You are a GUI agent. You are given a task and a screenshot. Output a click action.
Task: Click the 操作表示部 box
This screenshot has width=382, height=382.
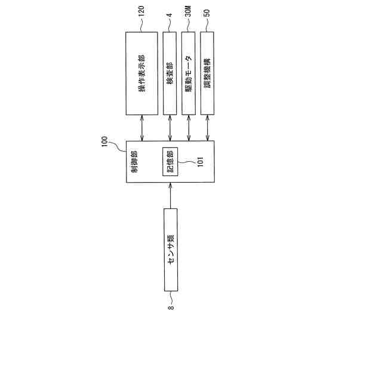click(141, 73)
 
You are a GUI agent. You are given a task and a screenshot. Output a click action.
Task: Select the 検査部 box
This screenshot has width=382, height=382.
click(170, 73)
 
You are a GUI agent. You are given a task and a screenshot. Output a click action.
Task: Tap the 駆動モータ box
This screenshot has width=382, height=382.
click(189, 73)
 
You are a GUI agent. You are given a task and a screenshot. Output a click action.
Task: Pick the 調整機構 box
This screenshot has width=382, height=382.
click(207, 73)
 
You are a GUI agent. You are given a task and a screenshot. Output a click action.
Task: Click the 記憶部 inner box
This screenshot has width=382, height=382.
click(170, 161)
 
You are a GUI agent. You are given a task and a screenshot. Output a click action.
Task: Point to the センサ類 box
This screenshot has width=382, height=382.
click(170, 249)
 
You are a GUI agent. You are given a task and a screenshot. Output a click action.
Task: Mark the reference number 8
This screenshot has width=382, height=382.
click(170, 307)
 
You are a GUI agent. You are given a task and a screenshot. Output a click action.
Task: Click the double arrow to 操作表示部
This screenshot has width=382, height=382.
click(141, 128)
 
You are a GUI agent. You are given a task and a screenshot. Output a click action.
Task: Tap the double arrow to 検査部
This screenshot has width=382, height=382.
click(170, 128)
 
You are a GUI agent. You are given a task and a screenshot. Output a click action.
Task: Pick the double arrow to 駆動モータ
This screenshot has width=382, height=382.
click(189, 128)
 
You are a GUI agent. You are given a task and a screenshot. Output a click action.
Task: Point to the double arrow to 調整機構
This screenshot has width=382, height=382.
click(207, 128)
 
